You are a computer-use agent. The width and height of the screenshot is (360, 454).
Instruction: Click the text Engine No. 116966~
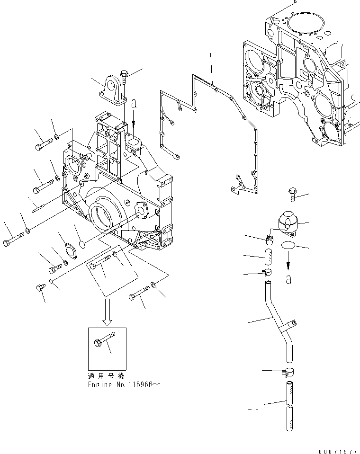coord(124,385)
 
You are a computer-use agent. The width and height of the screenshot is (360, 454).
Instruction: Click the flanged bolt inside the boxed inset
coord(106,341)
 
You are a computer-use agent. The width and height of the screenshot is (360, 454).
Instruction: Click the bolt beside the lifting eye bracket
coord(124,78)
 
